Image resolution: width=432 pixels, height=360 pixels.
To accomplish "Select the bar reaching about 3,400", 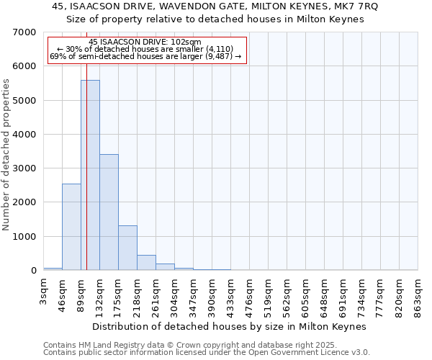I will pos(109,212).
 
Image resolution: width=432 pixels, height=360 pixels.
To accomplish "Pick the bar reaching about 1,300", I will pos(127,248).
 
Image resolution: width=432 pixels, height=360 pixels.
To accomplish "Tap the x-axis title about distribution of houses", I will pos(230,326).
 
